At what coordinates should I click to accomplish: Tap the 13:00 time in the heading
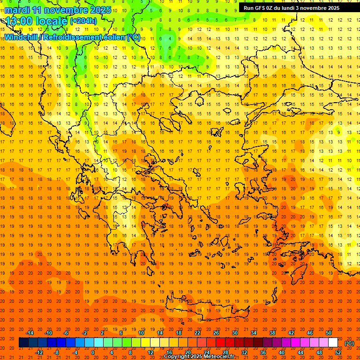click(x=21, y=21)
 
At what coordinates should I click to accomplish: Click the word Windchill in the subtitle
click(x=21, y=37)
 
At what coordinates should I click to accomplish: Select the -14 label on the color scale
click(x=30, y=333)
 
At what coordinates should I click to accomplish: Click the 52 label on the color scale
click(x=338, y=352)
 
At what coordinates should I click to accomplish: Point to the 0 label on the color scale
click(x=93, y=352)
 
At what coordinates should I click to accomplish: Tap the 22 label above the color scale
click(x=197, y=333)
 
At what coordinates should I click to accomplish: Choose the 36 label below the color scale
click(x=263, y=352)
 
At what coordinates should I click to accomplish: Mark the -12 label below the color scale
click(x=39, y=352)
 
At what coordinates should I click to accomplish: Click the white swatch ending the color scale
click(x=333, y=343)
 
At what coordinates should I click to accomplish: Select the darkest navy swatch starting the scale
click(x=23, y=343)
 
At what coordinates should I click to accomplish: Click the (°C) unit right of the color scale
click(x=349, y=343)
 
